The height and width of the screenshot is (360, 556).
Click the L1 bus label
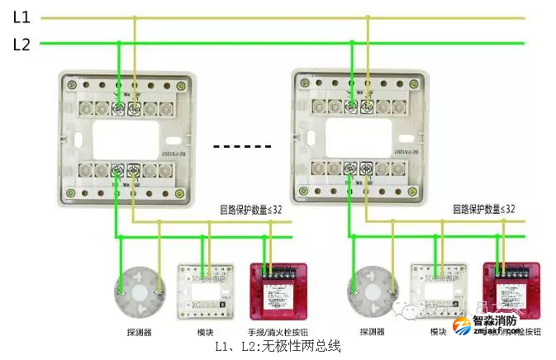click(21, 17)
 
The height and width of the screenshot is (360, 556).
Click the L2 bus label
click(21, 45)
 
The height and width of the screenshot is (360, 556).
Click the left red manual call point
click(278, 289)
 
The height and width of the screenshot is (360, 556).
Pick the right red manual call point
click(510, 289)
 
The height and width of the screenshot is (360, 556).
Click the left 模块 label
click(206, 332)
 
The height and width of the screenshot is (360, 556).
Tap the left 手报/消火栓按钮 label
click(279, 332)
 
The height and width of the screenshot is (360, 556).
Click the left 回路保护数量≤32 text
click(250, 211)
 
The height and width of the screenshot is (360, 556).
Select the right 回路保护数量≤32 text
click(483, 211)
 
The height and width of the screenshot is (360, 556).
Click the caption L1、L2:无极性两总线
click(278, 348)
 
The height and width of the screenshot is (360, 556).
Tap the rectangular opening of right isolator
click(359, 139)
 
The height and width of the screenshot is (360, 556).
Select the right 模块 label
click(439, 332)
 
